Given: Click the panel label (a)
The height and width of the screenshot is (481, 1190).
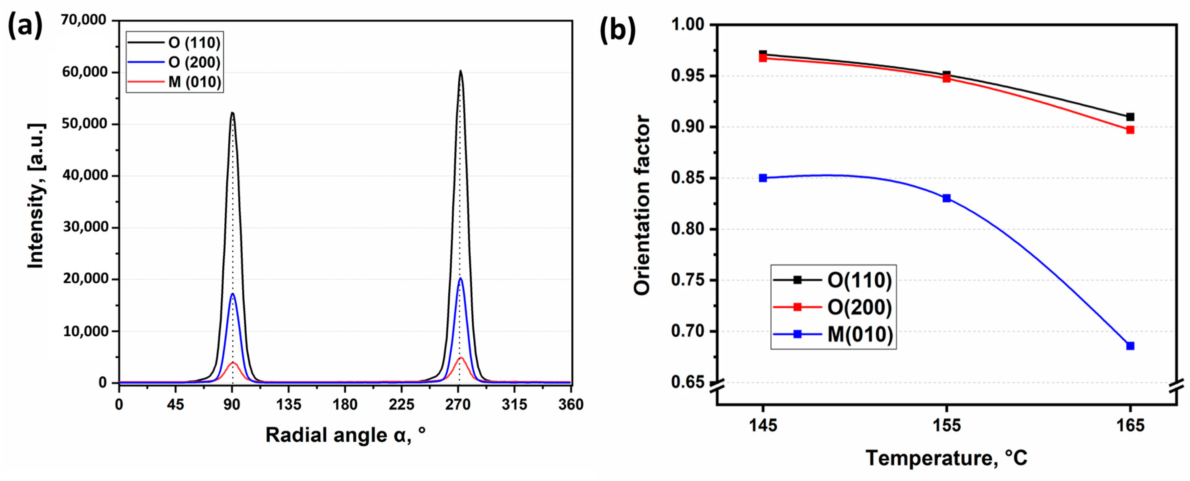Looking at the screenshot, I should point(25,26).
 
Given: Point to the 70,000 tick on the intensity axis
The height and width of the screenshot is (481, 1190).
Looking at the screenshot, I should point(84,20).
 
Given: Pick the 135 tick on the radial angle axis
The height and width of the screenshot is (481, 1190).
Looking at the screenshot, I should point(288,405).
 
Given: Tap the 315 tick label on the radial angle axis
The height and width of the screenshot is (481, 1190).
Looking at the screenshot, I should point(514,405).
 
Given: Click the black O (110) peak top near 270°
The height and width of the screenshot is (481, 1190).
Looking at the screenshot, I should point(460,72).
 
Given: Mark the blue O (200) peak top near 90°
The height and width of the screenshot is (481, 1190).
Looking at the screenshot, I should point(232,294).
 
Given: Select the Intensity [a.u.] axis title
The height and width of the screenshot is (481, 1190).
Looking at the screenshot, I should point(36,196).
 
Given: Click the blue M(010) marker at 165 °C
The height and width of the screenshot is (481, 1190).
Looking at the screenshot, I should point(1130,346).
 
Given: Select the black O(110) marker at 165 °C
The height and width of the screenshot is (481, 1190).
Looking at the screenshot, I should point(1130,117).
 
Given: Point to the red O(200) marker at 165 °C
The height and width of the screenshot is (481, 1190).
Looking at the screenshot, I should point(1130,130).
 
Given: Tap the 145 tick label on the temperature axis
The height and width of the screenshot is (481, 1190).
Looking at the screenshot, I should point(763,425).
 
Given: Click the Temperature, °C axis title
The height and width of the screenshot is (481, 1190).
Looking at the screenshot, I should point(946,458).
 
